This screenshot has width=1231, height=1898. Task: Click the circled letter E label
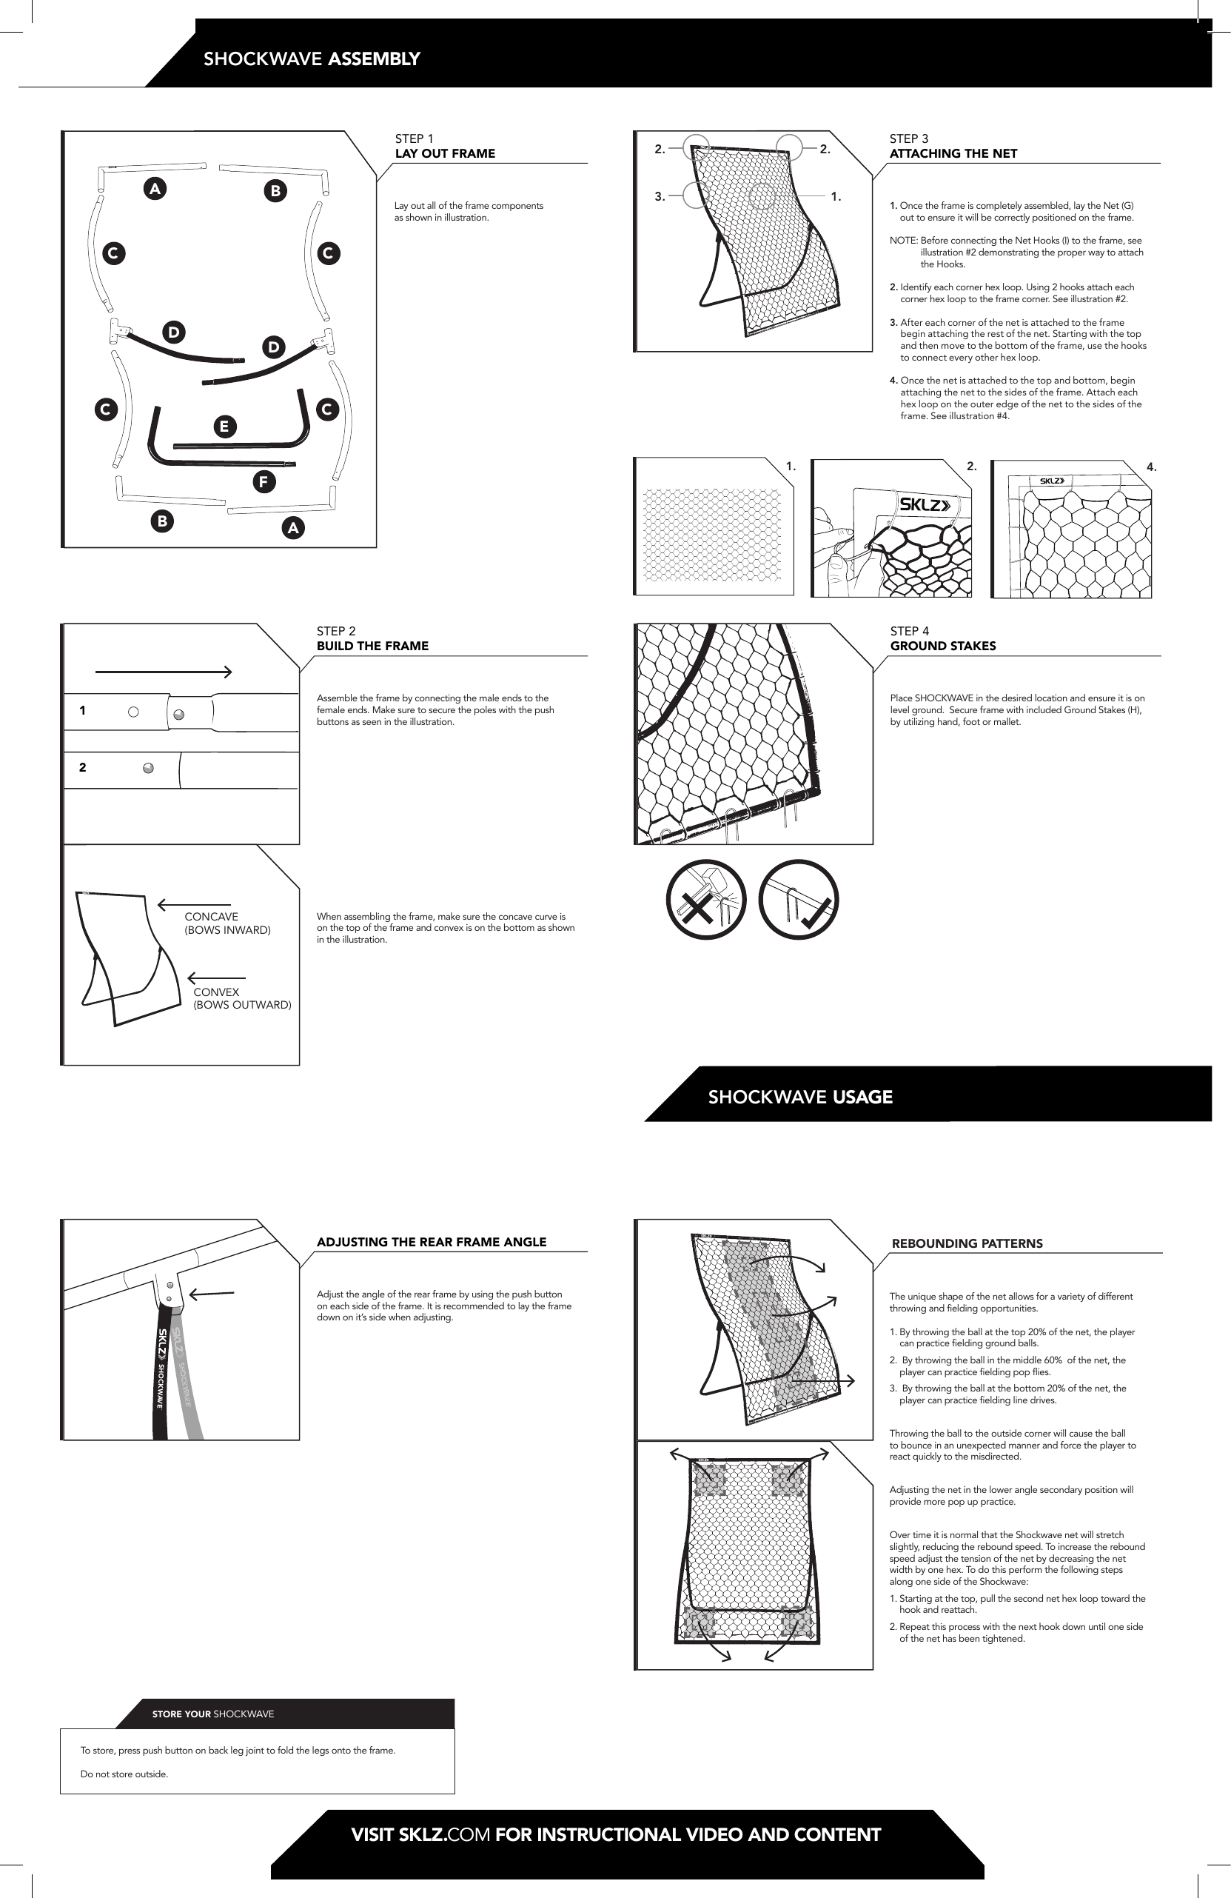[224, 427]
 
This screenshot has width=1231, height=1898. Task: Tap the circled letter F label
[263, 481]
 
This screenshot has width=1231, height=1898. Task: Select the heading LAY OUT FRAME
[445, 154]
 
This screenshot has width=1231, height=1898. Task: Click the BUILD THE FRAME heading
[372, 646]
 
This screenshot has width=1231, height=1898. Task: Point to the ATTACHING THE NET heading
[953, 154]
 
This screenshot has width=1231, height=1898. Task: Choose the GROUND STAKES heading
[942, 646]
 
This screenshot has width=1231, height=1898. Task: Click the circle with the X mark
[705, 900]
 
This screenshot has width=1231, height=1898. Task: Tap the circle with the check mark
[798, 900]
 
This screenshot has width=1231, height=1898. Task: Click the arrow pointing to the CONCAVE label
[194, 904]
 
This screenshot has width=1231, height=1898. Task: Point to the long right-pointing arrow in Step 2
[164, 672]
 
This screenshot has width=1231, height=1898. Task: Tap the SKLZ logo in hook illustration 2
[925, 505]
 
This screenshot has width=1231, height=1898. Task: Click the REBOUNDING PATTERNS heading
[966, 1243]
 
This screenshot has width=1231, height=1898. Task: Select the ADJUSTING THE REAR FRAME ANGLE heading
[432, 1242]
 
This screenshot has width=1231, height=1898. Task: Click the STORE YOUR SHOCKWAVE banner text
[213, 1714]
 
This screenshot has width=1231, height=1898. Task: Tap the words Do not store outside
[124, 1774]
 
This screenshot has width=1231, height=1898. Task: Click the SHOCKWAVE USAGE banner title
[799, 1097]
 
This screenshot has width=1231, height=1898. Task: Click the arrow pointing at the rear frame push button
[211, 1294]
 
